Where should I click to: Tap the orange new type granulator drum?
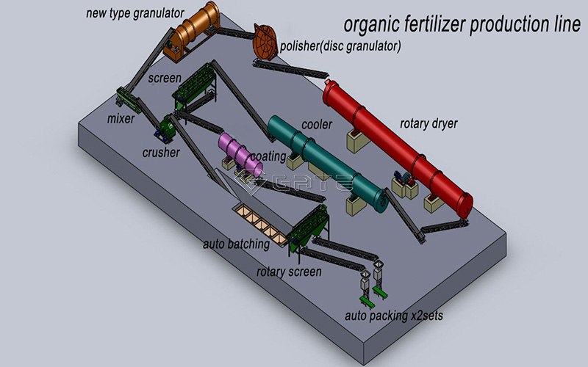(x=193, y=29)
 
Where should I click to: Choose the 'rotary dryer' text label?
(x=428, y=123)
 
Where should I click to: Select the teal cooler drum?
(x=326, y=162)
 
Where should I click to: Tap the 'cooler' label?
(x=316, y=125)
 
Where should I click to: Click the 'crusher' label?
(x=161, y=153)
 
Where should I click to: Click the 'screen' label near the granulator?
(x=163, y=76)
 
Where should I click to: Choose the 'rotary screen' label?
(x=289, y=272)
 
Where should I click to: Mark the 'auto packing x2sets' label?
(x=394, y=316)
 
